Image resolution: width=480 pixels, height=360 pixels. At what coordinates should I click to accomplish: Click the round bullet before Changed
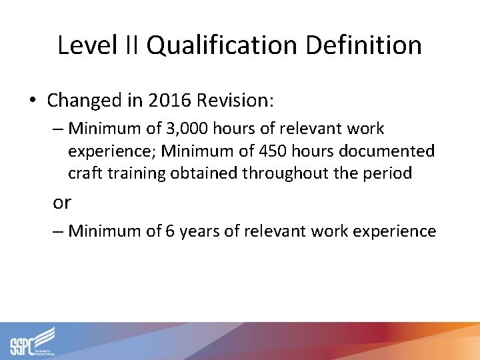point(32,101)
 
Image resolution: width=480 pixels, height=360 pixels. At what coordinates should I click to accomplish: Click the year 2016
point(169,101)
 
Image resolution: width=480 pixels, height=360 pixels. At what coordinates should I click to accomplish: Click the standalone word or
point(62,202)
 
